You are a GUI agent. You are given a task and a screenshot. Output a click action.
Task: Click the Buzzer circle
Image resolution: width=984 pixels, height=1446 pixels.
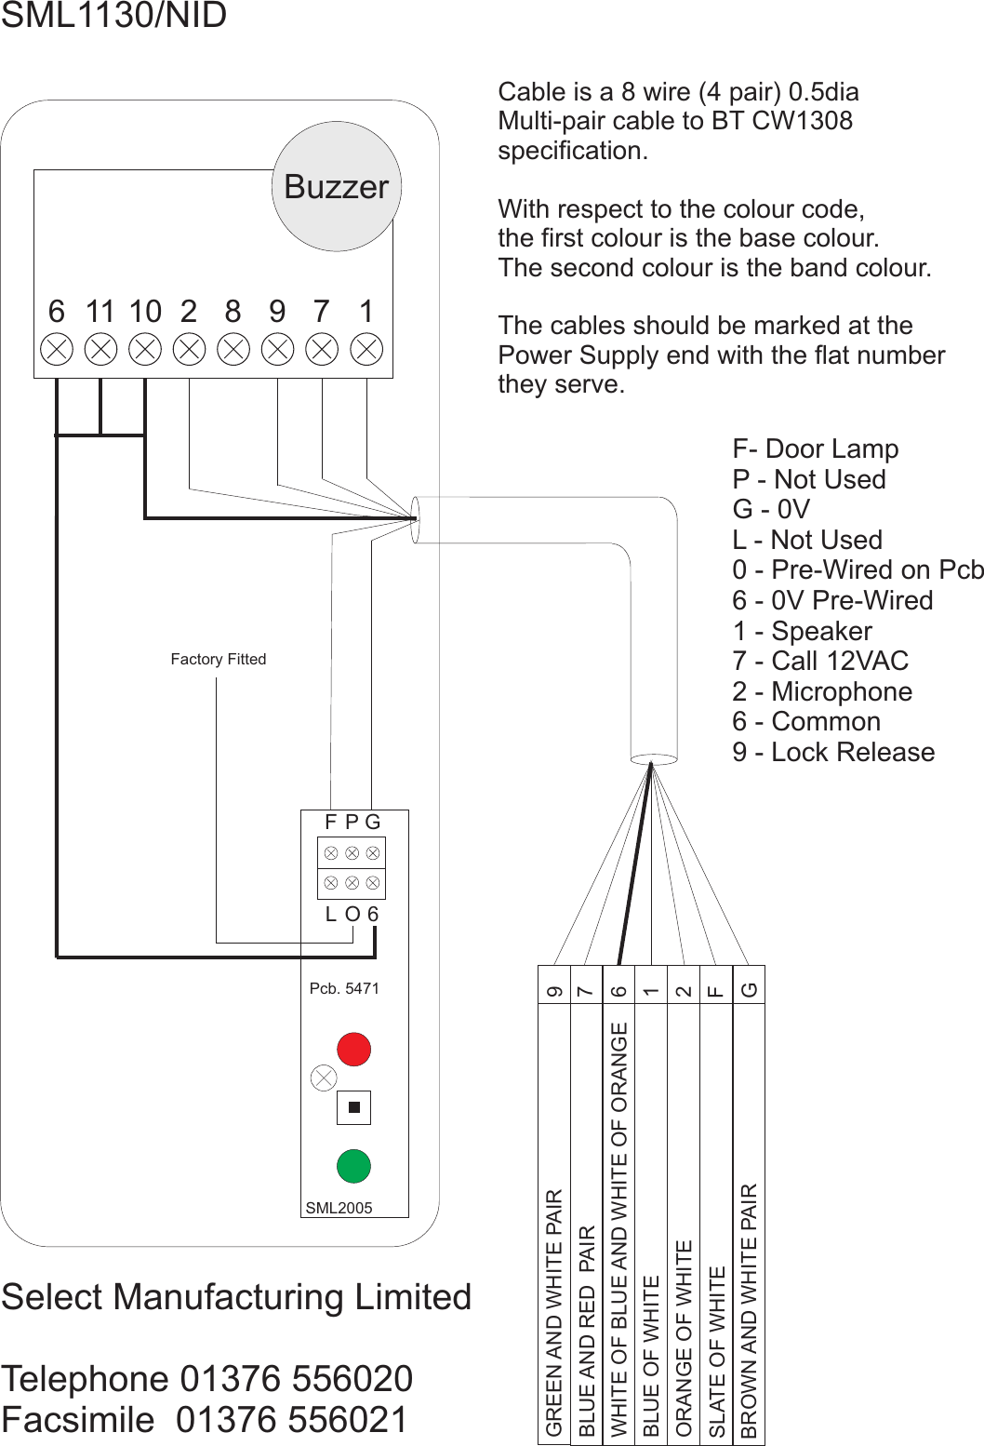click(337, 186)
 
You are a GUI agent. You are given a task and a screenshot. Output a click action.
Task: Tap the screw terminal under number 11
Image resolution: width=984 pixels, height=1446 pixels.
click(100, 350)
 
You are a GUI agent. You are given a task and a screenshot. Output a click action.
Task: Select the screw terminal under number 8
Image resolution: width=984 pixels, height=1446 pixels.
click(233, 350)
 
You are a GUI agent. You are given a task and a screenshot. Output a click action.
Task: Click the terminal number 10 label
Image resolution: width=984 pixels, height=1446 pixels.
click(145, 311)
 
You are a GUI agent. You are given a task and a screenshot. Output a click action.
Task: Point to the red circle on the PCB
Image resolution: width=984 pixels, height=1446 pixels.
click(353, 1049)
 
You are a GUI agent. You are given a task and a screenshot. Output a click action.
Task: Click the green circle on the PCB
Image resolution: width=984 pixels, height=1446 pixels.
click(353, 1166)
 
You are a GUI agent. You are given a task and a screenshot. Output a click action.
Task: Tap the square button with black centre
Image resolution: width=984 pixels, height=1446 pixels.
click(353, 1107)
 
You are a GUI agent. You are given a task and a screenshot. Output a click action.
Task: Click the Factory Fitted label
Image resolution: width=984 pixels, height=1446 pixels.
click(219, 659)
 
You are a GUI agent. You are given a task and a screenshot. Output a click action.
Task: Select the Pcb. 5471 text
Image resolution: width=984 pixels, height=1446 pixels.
click(344, 988)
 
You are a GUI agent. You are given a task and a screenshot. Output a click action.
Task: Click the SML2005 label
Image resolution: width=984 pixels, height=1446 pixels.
click(339, 1208)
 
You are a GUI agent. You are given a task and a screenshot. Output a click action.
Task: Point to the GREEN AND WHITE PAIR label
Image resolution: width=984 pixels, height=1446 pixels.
click(554, 1312)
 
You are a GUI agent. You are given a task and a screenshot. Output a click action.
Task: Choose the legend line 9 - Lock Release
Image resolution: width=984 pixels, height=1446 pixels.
click(833, 752)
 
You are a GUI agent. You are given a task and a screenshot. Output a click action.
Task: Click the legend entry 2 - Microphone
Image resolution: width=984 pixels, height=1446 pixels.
click(822, 691)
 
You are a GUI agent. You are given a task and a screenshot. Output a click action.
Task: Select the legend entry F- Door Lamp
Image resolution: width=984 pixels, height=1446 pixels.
click(816, 449)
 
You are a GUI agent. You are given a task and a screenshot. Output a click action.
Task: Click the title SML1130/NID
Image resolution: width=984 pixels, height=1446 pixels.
click(113, 16)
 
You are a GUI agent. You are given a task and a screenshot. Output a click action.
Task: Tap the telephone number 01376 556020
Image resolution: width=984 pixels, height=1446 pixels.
click(297, 1378)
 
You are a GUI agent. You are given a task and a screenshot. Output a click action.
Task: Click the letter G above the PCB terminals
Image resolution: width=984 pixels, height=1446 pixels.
click(373, 822)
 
